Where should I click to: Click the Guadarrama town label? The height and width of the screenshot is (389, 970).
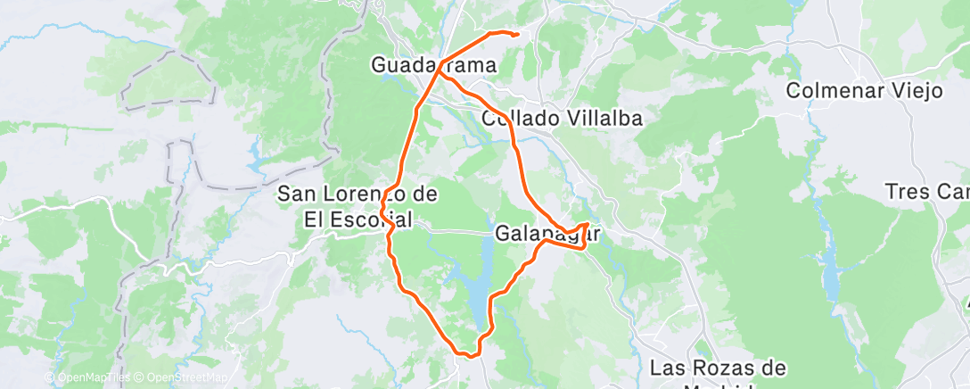[432, 65]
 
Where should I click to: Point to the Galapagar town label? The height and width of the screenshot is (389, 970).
[545, 234]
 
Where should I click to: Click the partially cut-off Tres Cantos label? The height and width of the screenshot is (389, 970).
[927, 192]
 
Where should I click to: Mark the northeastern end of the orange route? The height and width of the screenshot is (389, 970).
[517, 34]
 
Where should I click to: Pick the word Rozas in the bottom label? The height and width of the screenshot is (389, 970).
[719, 368]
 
